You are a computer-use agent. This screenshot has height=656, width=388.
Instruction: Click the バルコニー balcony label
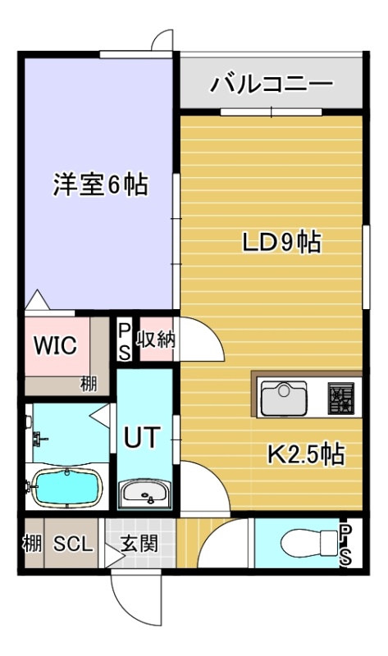click(271, 84)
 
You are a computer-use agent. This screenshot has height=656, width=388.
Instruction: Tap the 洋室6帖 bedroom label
click(100, 184)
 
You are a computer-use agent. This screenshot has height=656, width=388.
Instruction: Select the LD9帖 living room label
click(282, 243)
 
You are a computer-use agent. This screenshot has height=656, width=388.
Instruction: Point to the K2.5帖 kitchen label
click(306, 455)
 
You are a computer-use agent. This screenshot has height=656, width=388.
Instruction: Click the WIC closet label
click(56, 345)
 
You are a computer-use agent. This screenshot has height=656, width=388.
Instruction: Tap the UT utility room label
click(142, 437)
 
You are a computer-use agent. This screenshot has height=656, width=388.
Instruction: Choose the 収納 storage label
click(157, 339)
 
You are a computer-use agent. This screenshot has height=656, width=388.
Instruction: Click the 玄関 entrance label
click(139, 544)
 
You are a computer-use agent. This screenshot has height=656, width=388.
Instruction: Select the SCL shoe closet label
click(73, 544)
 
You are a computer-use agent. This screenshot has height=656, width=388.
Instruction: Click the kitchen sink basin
click(284, 399)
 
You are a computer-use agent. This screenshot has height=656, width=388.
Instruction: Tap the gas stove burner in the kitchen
click(340, 399)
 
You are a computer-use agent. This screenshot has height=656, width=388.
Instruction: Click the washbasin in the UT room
click(145, 494)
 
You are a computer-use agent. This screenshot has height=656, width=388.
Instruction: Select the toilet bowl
click(309, 544)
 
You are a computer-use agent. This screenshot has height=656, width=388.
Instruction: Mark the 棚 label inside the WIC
click(89, 384)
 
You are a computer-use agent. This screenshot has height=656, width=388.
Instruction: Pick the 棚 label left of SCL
click(33, 544)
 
